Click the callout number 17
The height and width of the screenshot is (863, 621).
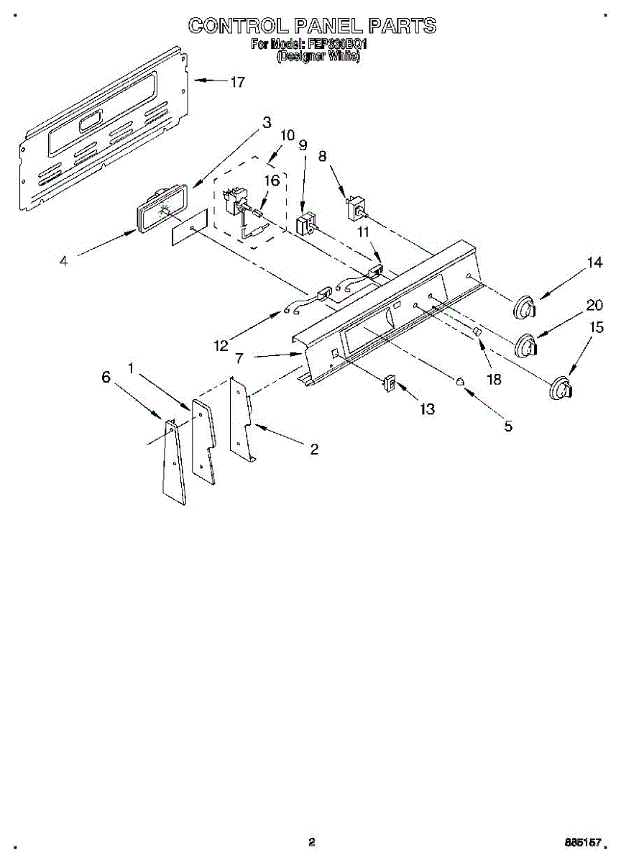click(x=237, y=82)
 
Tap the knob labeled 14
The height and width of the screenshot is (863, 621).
click(x=526, y=307)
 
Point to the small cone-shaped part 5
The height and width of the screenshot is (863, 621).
click(x=459, y=381)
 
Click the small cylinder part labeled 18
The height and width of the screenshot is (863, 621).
click(x=476, y=332)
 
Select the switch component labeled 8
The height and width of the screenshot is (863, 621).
click(x=355, y=209)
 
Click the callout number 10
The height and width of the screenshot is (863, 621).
click(x=287, y=135)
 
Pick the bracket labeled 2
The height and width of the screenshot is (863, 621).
click(x=241, y=421)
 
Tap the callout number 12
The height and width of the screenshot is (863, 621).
click(x=221, y=346)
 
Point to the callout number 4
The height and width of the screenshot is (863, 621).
click(x=64, y=262)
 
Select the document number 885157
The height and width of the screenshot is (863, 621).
click(x=584, y=841)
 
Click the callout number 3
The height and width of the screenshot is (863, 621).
click(x=267, y=122)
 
